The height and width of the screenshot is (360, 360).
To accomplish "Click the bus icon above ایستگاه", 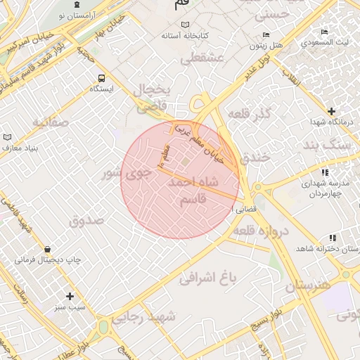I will pyautogui.click(x=102, y=78).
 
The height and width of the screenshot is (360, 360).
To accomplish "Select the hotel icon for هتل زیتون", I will pyautogui.click(x=265, y=35).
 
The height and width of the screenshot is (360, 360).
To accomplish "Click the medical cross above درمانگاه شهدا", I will pyautogui.click(x=331, y=111).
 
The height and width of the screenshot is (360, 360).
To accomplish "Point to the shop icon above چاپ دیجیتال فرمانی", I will pyautogui.click(x=47, y=249).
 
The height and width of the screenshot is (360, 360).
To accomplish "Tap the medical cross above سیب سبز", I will pyautogui.click(x=70, y=296).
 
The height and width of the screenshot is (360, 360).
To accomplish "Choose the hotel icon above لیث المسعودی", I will pyautogui.click(x=324, y=32).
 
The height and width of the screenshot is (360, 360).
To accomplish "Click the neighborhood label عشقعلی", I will pyautogui.click(x=202, y=59).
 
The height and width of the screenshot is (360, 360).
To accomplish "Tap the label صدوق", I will pyautogui.click(x=86, y=220).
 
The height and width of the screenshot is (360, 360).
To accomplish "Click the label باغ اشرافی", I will pyautogui.click(x=208, y=278).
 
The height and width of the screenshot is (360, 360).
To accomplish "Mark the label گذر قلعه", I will pyautogui.click(x=250, y=114).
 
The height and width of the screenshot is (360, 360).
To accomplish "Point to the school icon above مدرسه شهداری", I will pyautogui.click(x=324, y=172).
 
